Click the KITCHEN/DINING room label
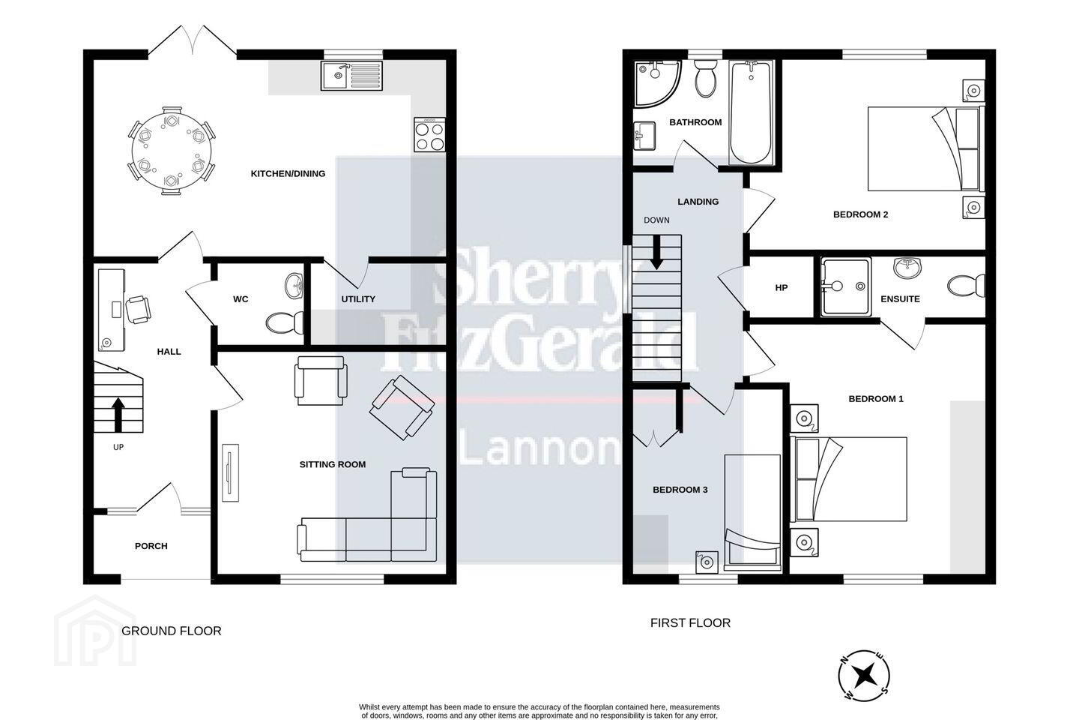pyautogui.click(x=288, y=173)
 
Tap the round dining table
pyautogui.click(x=170, y=151)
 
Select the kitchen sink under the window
pyautogui.click(x=351, y=76)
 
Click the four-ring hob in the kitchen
pyautogui.click(x=429, y=136)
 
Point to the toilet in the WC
pyautogui.click(x=284, y=322)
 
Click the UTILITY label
pyautogui.click(x=358, y=299)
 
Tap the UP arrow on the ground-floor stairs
pyautogui.click(x=118, y=414)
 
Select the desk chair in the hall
pyautogui.click(x=138, y=310)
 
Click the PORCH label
pyautogui.click(x=151, y=546)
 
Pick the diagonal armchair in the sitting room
pyautogui.click(x=402, y=407)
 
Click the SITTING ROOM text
pyautogui.click(x=333, y=464)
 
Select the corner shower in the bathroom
pyautogui.click(x=657, y=84)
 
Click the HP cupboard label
pyautogui.click(x=782, y=288)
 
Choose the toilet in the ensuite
pyautogui.click(x=966, y=286)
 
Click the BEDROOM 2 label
pyautogui.click(x=860, y=214)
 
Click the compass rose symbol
pyautogui.click(x=864, y=675)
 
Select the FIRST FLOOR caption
pyautogui.click(x=690, y=623)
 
